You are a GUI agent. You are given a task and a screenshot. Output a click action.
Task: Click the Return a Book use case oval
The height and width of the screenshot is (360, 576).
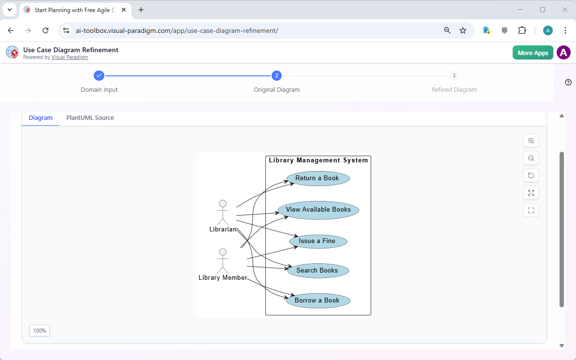(317, 178)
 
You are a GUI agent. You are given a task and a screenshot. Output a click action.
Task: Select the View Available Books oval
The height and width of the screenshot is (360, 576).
(318, 210)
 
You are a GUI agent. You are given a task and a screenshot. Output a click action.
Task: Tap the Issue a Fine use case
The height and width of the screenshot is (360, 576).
(318, 241)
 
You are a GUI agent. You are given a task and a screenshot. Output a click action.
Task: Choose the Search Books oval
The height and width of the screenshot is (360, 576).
(318, 271)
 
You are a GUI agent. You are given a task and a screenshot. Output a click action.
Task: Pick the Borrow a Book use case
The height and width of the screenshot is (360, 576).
(318, 301)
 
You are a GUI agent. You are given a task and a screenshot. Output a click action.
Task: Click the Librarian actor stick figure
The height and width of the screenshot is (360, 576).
(222, 213)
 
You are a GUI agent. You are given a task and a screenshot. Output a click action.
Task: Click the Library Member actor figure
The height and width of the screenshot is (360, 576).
(222, 261)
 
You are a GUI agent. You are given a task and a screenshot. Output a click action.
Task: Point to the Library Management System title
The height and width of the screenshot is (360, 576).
(318, 160)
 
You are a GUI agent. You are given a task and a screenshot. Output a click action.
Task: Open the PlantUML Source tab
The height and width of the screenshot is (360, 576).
(90, 118)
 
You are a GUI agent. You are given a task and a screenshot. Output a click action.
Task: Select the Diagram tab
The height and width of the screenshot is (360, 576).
(41, 118)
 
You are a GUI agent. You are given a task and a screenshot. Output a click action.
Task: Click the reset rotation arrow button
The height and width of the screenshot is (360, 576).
(531, 175)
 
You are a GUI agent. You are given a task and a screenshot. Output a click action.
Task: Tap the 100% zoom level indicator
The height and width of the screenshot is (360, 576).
(40, 331)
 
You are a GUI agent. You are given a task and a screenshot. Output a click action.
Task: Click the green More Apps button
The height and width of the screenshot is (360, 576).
(533, 53)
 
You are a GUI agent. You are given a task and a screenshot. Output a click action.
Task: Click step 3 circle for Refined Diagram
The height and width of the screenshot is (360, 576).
(454, 75)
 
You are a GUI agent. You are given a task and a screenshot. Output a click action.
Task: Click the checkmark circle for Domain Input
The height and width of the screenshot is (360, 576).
(99, 75)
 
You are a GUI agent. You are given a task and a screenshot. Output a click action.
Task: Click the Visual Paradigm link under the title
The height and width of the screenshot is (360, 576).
(70, 57)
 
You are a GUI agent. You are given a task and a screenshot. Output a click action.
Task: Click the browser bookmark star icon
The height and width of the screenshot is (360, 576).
(463, 30)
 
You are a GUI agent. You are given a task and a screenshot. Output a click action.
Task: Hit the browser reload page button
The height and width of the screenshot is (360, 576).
(45, 30)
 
